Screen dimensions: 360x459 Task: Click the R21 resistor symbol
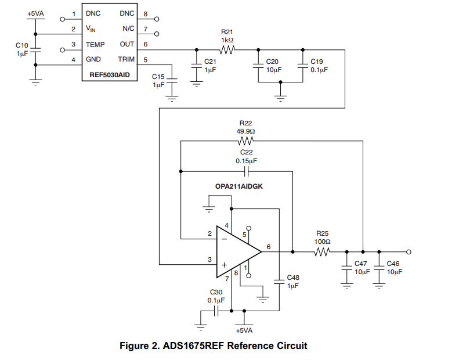(x=227, y=50)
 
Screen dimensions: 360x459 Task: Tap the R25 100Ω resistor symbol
(x=323, y=252)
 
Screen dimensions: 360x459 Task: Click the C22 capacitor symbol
(x=246, y=171)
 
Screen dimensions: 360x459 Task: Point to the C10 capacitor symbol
(x=36, y=50)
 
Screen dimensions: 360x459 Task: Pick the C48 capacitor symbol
(x=280, y=281)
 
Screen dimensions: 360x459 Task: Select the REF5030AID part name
(x=110, y=74)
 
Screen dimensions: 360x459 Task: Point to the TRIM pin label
(x=126, y=59)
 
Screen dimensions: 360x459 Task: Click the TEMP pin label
(x=95, y=44)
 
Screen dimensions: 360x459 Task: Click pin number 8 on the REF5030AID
(x=145, y=13)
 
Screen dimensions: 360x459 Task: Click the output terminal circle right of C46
(x=409, y=252)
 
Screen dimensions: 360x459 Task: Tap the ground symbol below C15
(x=172, y=98)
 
